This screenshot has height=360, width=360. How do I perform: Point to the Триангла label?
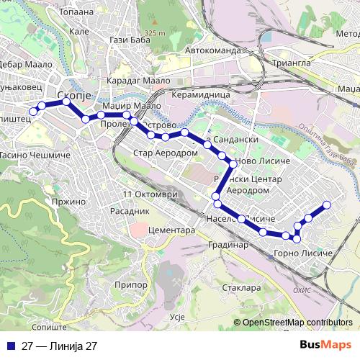[289, 63]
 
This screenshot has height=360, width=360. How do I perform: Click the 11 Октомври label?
[149, 194]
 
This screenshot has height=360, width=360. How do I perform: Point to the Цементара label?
[171, 230]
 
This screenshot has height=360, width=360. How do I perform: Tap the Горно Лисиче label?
[303, 254]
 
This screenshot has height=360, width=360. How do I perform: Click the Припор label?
[130, 286]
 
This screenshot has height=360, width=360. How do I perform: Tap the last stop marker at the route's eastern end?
[326, 204]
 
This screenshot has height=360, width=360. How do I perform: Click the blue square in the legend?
[11, 346]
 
